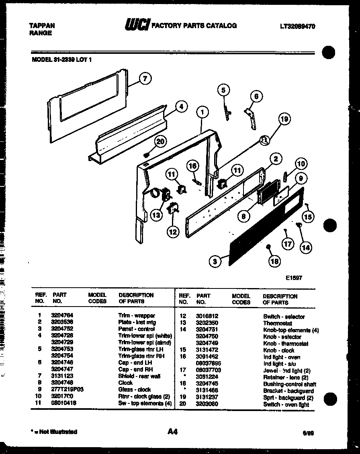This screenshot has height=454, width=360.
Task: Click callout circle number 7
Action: coord(145,78)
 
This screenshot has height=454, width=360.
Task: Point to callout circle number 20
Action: coord(160,141)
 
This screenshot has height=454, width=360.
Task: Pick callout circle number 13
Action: coord(156,215)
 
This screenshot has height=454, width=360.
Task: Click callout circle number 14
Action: coord(306,247)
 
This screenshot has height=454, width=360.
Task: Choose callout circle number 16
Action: coord(192,166)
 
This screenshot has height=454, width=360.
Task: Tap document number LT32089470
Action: coord(297,27)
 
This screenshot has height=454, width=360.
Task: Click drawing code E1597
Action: coord(294,278)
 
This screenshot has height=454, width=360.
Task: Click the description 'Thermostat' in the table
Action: coord(277,323)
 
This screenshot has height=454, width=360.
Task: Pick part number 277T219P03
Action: coord(67,389)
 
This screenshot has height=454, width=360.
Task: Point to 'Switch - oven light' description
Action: coord(286,405)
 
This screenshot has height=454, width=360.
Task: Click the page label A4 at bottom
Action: coord(172,432)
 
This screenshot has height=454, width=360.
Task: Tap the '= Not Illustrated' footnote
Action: coord(54,432)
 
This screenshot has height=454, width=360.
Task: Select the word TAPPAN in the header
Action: coord(42,26)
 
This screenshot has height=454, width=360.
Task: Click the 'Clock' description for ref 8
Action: coord(125,383)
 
